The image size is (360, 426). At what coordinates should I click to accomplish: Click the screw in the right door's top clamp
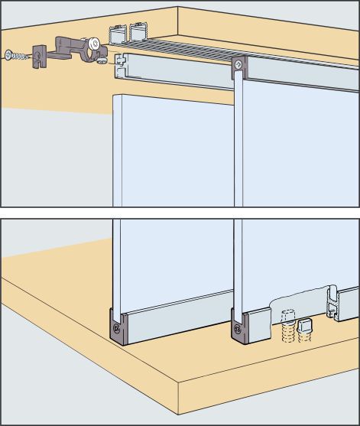click(240, 67)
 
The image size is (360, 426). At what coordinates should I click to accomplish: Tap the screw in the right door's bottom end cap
click(236, 330)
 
